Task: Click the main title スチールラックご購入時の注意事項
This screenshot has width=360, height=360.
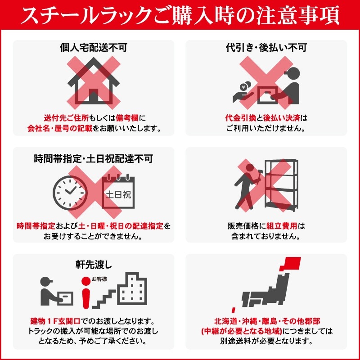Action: (x=180, y=16)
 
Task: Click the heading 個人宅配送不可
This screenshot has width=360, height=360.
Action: (x=93, y=47)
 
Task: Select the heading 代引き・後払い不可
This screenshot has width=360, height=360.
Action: (x=266, y=47)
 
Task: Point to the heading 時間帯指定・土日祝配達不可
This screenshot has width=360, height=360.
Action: (x=93, y=158)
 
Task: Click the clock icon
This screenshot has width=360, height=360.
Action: (x=71, y=192)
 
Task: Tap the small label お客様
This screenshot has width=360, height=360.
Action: (x=99, y=279)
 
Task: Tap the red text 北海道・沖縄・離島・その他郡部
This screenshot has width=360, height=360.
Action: (x=267, y=322)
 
